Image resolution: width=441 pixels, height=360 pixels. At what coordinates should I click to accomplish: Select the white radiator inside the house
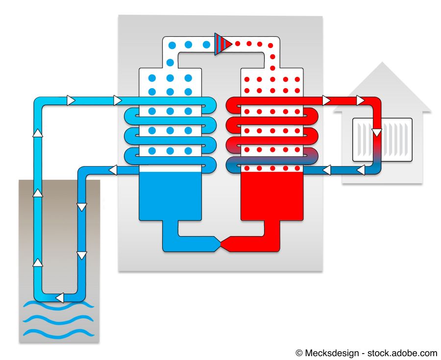click(382, 140)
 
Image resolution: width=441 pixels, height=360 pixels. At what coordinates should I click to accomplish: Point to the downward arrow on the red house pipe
click(376, 132)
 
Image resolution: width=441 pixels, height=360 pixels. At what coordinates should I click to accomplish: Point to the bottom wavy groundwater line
click(58, 334)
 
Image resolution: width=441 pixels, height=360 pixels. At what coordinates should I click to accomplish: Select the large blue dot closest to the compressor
click(206, 45)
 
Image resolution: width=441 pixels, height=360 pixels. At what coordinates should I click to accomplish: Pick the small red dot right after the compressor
click(238, 44)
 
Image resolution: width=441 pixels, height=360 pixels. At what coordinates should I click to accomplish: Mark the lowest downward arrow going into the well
click(82, 255)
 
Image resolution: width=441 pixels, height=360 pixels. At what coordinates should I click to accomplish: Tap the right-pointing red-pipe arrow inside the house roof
click(361, 100)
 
